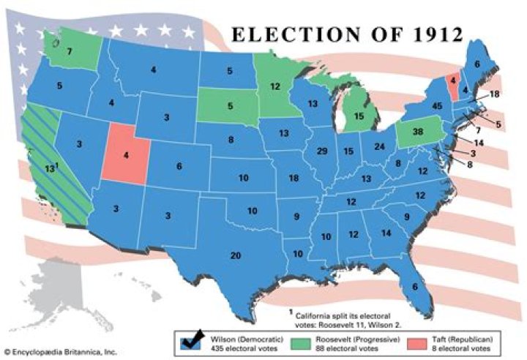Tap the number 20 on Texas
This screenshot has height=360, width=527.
235,255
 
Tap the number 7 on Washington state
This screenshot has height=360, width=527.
69,51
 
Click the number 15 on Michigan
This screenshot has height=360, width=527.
359,116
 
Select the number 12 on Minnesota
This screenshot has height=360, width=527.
275,86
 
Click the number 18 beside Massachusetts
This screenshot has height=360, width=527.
494,94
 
